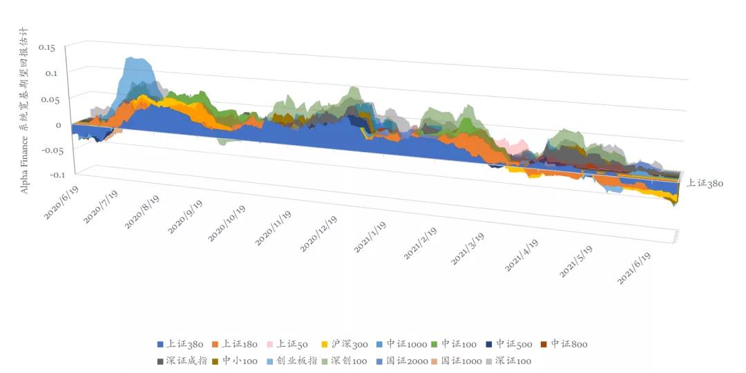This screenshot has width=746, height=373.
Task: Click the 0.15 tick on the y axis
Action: coord(46,48)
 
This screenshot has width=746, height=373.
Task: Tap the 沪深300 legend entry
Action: coord(347,343)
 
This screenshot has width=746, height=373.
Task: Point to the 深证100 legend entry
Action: coord(513,361)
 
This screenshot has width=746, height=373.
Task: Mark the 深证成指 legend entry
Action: coord(182,361)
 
